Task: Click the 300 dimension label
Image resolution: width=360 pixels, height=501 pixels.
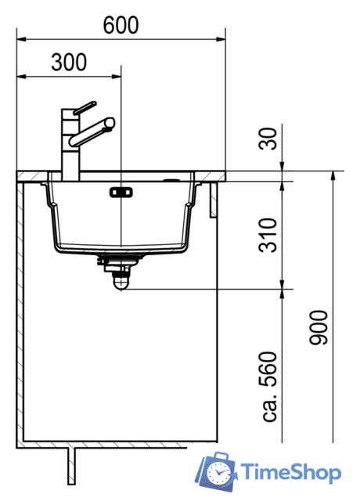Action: click(x=69, y=63)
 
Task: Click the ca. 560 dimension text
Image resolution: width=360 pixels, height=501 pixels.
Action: click(x=268, y=387)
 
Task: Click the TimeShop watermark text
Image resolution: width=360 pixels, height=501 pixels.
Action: click(x=290, y=472)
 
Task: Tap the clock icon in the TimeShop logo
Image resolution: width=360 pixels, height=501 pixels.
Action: click(x=221, y=471)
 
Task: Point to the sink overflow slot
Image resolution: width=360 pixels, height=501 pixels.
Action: click(x=121, y=190)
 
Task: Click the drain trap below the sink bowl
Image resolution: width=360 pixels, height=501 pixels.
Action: click(x=118, y=274)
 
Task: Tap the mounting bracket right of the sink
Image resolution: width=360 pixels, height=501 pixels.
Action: click(x=213, y=200)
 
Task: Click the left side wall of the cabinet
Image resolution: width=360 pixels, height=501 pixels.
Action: click(x=21, y=313)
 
